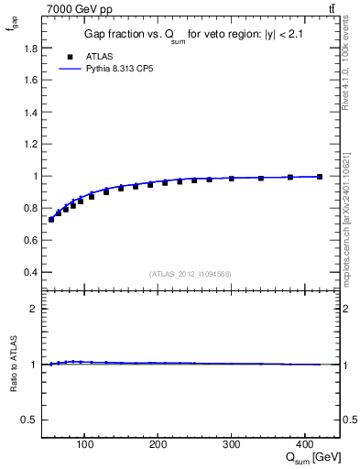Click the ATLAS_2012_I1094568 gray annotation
[190, 274]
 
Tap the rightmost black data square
[320, 177]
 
